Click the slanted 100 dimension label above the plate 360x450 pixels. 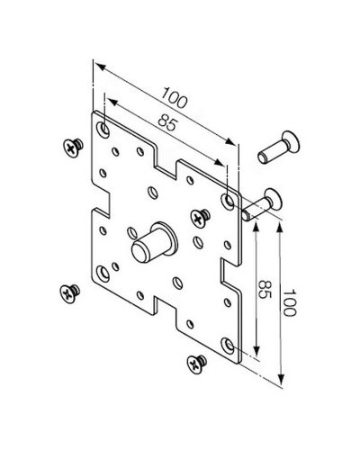(175, 97)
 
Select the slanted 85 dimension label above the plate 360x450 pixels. (168, 122)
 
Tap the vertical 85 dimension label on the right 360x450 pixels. (265, 289)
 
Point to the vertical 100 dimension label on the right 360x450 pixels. (289, 302)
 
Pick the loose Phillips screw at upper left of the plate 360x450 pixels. (73, 148)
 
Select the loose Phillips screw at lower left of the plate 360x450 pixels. (70, 293)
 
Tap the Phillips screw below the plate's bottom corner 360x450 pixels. (196, 364)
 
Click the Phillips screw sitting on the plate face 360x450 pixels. (200, 217)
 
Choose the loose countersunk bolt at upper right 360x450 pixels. (279, 148)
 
